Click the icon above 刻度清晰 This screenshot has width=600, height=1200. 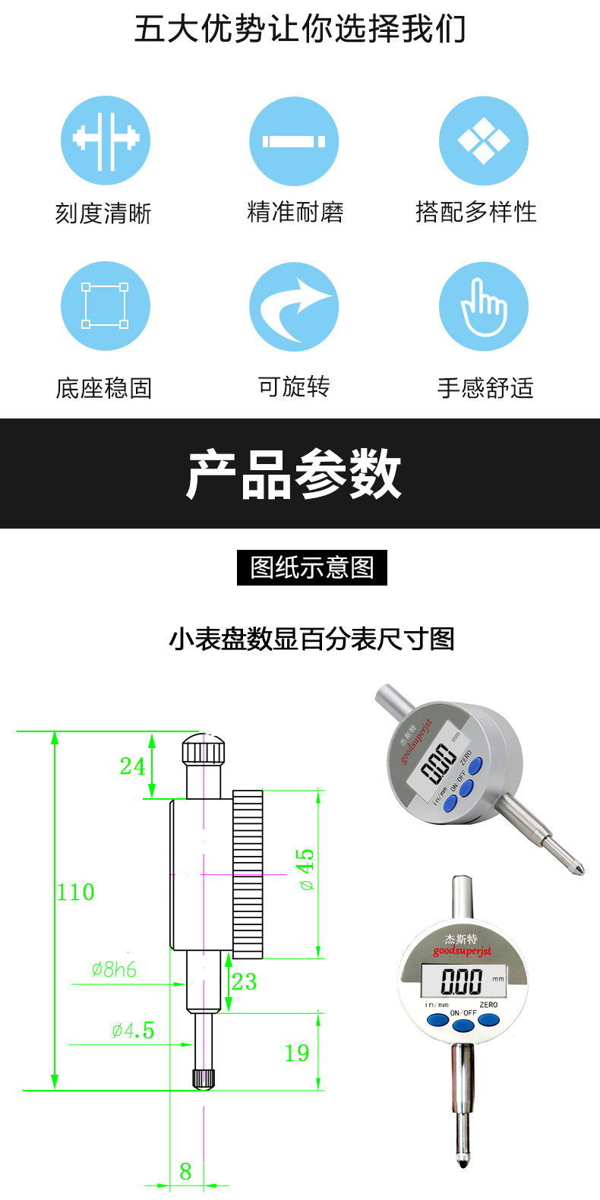(x=106, y=141)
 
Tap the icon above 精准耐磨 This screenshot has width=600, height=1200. (x=294, y=141)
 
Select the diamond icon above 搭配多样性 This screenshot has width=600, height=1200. (x=484, y=141)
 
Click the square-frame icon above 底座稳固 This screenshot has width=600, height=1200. (x=106, y=306)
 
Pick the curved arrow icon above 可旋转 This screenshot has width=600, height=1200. (x=294, y=306)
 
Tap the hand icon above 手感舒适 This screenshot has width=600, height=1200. (x=484, y=306)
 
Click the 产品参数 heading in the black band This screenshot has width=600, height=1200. (x=294, y=474)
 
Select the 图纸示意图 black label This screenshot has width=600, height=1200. (x=312, y=567)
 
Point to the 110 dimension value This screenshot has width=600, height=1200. (x=75, y=892)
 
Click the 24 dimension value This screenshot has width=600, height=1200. (x=132, y=766)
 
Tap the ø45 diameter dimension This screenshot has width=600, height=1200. (x=306, y=869)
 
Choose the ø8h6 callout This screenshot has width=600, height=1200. (x=114, y=969)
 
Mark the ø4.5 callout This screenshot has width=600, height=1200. (x=133, y=1030)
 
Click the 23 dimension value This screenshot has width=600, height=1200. (x=245, y=981)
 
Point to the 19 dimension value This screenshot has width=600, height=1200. (x=297, y=1053)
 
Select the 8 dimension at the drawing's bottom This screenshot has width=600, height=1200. (x=185, y=1172)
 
